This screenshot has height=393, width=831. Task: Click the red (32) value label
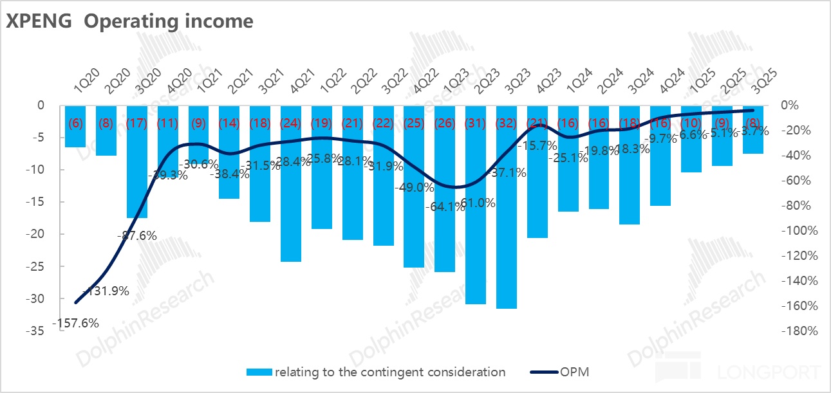point(507,123)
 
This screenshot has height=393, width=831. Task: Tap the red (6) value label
point(75,123)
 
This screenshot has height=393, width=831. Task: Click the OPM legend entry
point(559,372)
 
